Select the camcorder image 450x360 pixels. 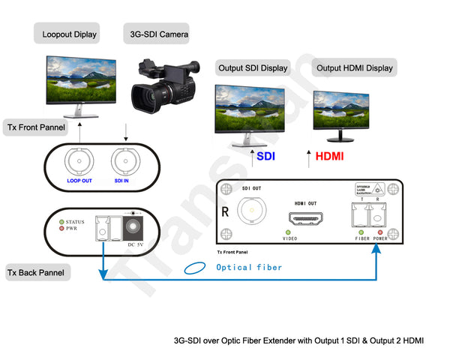(163, 85)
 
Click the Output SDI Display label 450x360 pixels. (253, 68)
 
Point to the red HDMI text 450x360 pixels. (330, 157)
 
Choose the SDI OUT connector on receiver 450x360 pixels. (251, 211)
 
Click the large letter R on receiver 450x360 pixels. (225, 212)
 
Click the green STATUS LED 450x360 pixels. (62, 222)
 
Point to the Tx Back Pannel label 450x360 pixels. (37, 271)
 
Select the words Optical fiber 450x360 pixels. (249, 267)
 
